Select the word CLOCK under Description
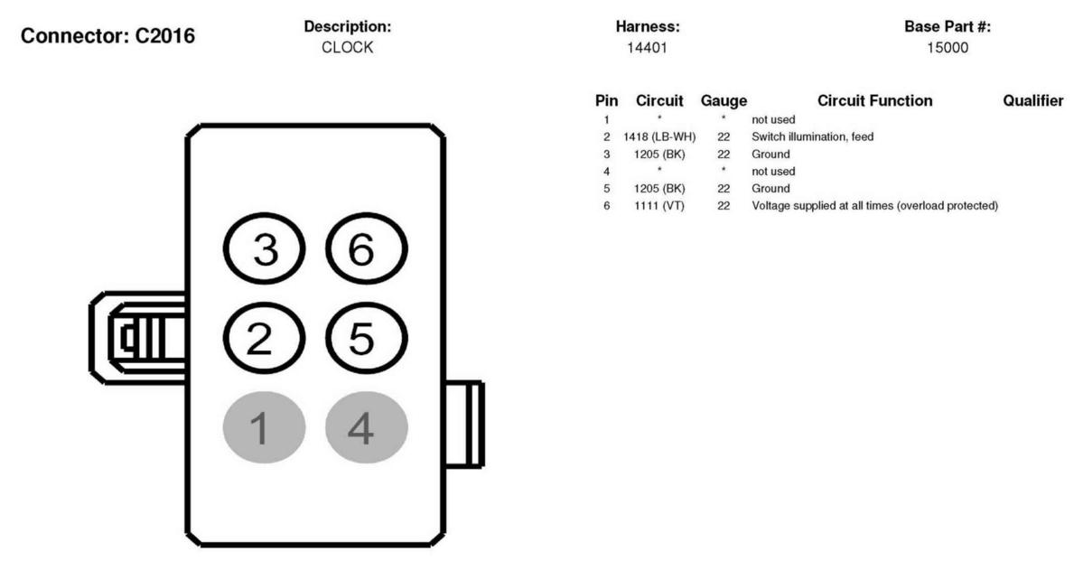(x=348, y=49)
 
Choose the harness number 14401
(x=647, y=49)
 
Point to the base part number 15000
(x=948, y=49)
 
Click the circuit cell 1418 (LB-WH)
(x=659, y=136)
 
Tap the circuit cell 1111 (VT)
(x=659, y=206)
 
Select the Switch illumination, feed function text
(x=812, y=136)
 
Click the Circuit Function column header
(x=875, y=101)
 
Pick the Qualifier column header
(x=1032, y=101)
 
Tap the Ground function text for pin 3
(x=770, y=154)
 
